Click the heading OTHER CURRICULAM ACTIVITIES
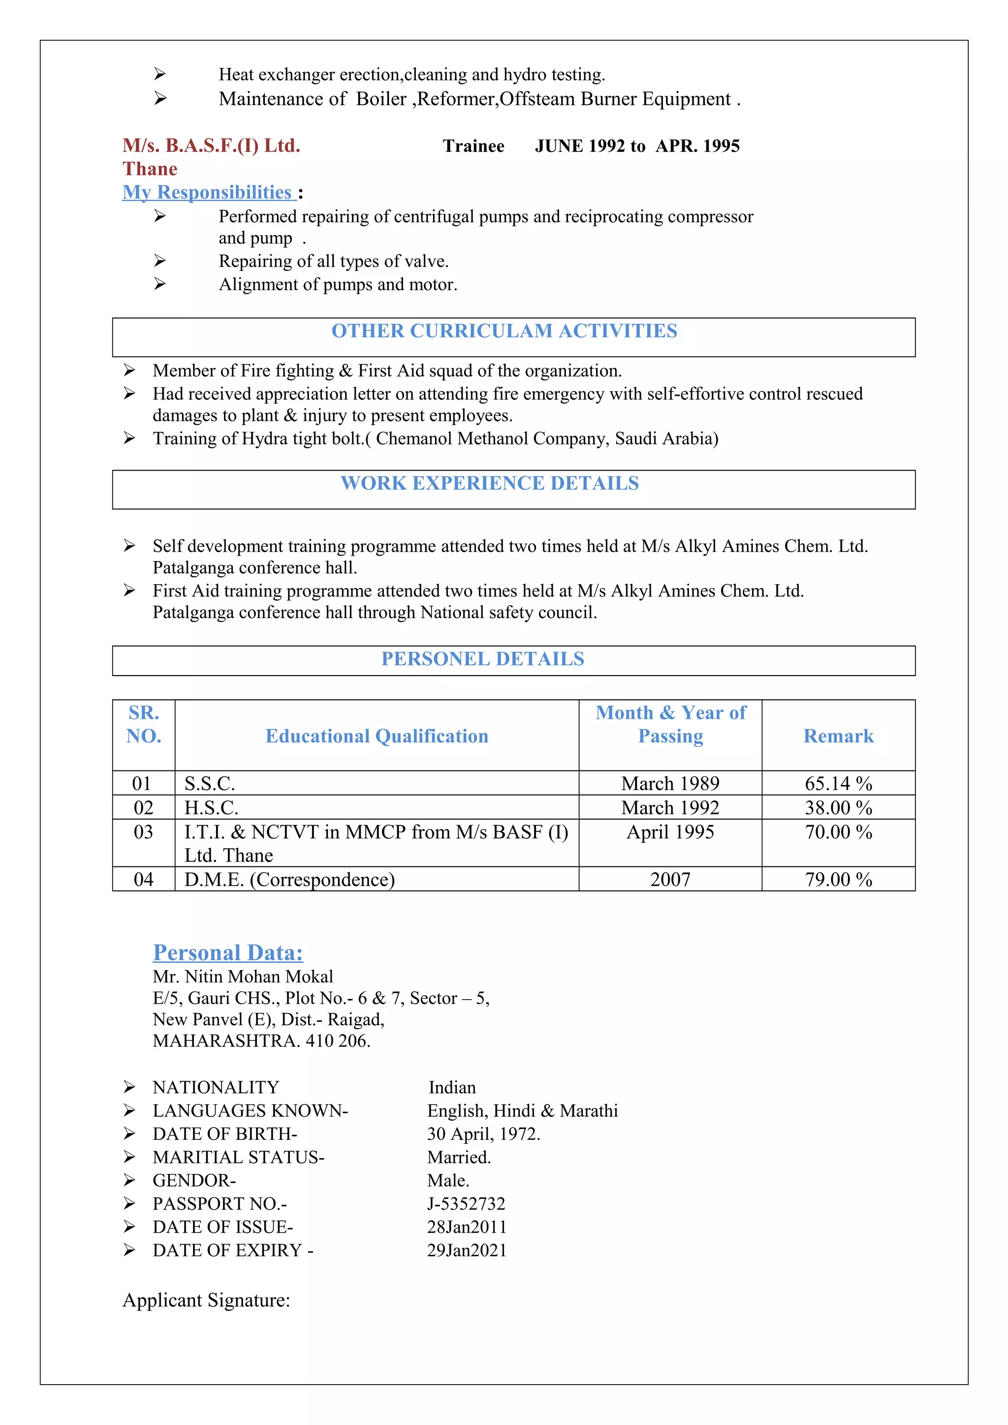(x=504, y=331)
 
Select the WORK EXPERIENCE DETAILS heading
(x=489, y=483)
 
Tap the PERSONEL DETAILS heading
(x=482, y=658)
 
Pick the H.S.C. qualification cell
(x=211, y=807)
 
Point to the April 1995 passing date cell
(x=670, y=831)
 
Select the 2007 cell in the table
(x=670, y=880)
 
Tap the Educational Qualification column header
(x=377, y=736)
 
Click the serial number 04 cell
(x=143, y=880)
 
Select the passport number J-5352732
(x=466, y=1203)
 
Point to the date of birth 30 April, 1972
(x=483, y=1134)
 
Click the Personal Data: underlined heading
(x=228, y=952)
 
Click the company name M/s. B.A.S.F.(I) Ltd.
(x=211, y=146)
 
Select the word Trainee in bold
(x=473, y=147)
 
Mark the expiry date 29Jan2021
(x=467, y=1250)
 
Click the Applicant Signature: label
(x=206, y=1300)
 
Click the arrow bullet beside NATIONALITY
(x=129, y=1087)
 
